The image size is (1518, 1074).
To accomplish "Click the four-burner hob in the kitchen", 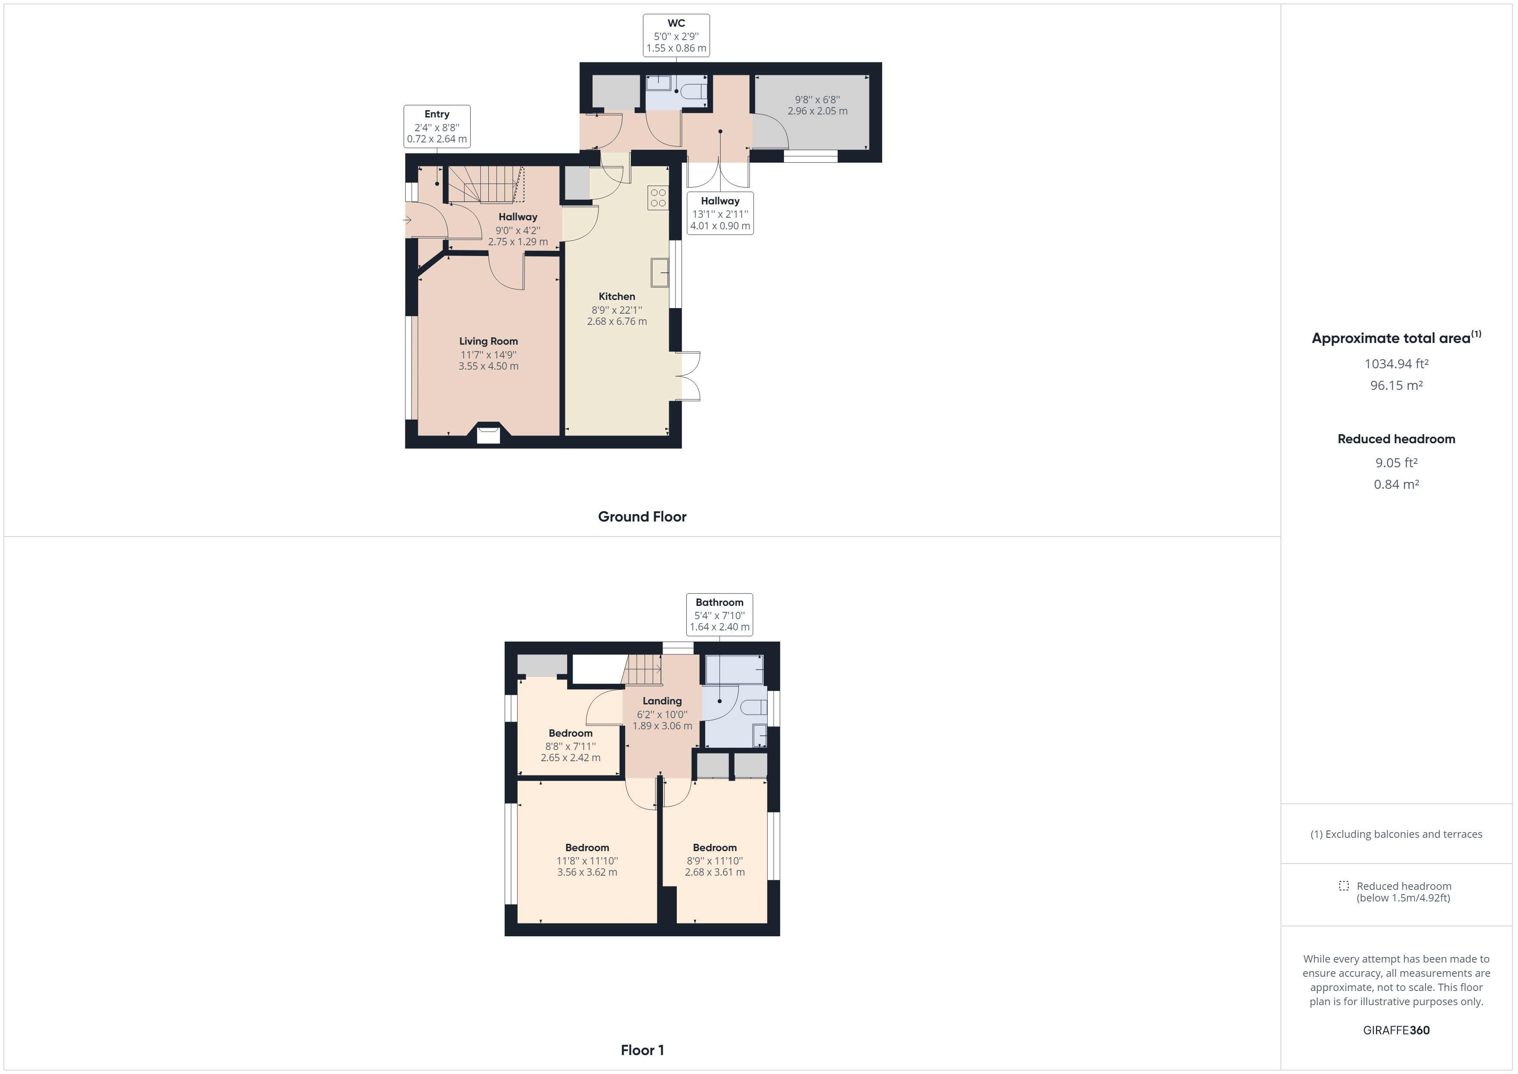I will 658,198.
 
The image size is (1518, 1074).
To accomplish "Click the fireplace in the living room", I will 489,433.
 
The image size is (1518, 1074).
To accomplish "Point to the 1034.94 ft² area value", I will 1396,364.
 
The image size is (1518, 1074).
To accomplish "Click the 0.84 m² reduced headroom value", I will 1396,484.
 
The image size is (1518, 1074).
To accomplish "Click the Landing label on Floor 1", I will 662,701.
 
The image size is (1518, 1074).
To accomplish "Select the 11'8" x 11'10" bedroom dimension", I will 587,861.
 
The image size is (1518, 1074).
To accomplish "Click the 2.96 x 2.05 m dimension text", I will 817,111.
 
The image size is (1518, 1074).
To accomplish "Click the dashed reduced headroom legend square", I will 1343,886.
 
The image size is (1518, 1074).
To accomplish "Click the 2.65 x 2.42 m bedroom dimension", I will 571,758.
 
